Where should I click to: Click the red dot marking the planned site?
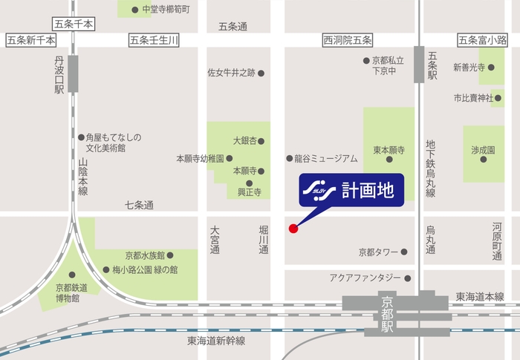(x=293, y=228)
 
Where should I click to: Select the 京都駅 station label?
(x=386, y=315)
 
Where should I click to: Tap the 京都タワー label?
(x=378, y=252)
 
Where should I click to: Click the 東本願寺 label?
(x=388, y=149)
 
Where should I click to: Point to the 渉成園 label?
(x=483, y=149)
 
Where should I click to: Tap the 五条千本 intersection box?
(x=74, y=24)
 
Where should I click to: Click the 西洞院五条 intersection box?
(x=348, y=39)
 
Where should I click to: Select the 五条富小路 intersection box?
(x=482, y=39)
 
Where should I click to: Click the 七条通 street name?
(x=139, y=205)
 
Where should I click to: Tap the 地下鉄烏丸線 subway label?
(x=430, y=168)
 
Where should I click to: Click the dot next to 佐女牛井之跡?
(x=261, y=73)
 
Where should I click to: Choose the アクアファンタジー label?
(x=365, y=278)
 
